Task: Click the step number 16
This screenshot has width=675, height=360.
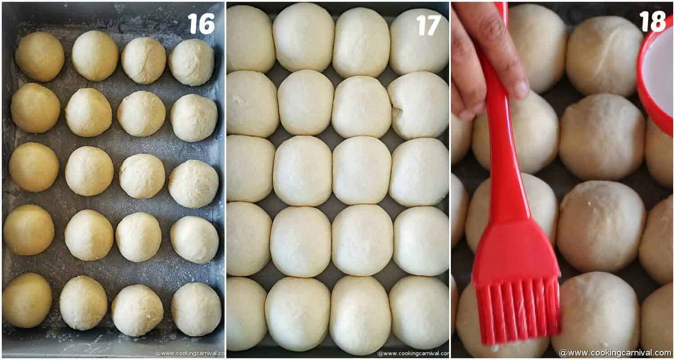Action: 201,23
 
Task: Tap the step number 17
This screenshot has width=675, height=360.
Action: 428,25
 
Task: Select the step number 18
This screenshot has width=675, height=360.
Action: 652,21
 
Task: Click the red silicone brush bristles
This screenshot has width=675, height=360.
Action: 517,310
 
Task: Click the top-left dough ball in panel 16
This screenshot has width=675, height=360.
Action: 40,57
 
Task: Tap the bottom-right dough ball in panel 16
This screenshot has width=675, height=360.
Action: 196,309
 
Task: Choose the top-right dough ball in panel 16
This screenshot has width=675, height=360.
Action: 192,62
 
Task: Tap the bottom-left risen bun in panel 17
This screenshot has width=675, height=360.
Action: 246,314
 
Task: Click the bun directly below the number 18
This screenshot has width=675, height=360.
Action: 604,56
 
